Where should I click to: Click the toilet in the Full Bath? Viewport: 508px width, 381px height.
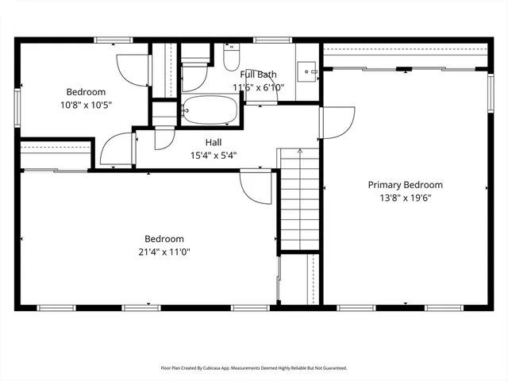231,58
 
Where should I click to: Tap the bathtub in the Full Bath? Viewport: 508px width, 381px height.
210,110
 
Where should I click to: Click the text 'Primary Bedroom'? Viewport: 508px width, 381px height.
405,185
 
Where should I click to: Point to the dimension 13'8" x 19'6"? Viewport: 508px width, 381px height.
405,198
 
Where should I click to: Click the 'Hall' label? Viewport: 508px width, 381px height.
214,142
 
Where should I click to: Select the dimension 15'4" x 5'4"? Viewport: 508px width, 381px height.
214,156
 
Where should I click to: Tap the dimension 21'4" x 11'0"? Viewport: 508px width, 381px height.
164,252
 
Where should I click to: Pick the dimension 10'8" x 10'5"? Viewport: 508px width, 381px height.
86,105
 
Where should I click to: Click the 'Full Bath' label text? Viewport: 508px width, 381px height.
259,74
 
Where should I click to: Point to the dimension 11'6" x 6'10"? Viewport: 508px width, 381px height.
259,87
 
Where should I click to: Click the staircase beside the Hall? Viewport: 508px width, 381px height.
299,202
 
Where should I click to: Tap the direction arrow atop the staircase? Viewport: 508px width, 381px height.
299,151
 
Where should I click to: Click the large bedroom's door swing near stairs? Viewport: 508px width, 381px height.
256,189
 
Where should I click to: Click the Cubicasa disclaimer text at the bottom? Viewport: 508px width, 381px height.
254,368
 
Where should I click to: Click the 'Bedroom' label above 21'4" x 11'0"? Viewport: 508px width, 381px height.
164,239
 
